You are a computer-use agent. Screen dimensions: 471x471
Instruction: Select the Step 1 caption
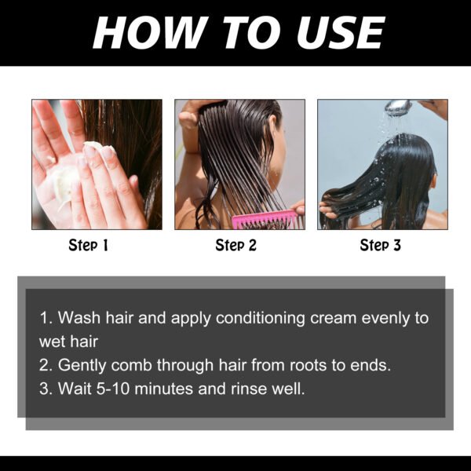click(x=88, y=246)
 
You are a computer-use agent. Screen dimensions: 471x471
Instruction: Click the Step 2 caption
click(x=235, y=246)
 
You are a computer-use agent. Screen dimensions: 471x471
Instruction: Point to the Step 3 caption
click(x=381, y=246)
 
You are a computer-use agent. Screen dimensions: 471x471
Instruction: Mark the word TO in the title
click(x=245, y=32)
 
